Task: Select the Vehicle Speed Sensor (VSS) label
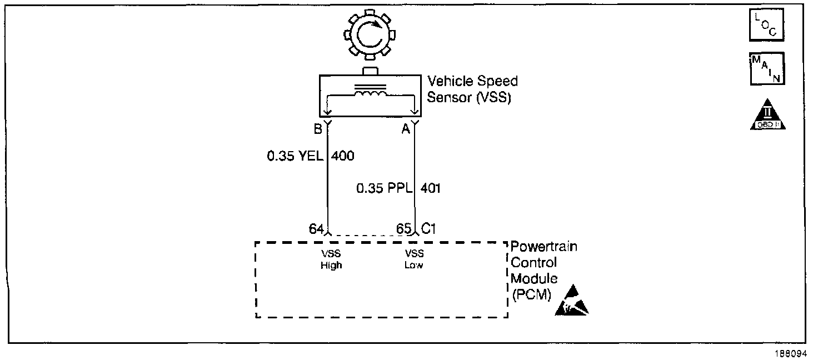click(x=472, y=89)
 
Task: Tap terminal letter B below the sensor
click(x=318, y=129)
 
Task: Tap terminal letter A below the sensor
click(x=406, y=129)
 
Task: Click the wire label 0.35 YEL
click(x=295, y=156)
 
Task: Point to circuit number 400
click(x=342, y=156)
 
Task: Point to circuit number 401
click(x=431, y=188)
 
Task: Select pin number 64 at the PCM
click(x=316, y=228)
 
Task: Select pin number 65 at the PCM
click(x=404, y=228)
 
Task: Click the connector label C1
click(x=430, y=228)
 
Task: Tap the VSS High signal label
click(x=331, y=259)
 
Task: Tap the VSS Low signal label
click(x=413, y=259)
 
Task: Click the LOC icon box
click(x=767, y=25)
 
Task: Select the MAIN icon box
click(x=767, y=69)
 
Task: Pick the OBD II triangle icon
click(x=767, y=117)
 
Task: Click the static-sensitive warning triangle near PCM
click(x=572, y=303)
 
